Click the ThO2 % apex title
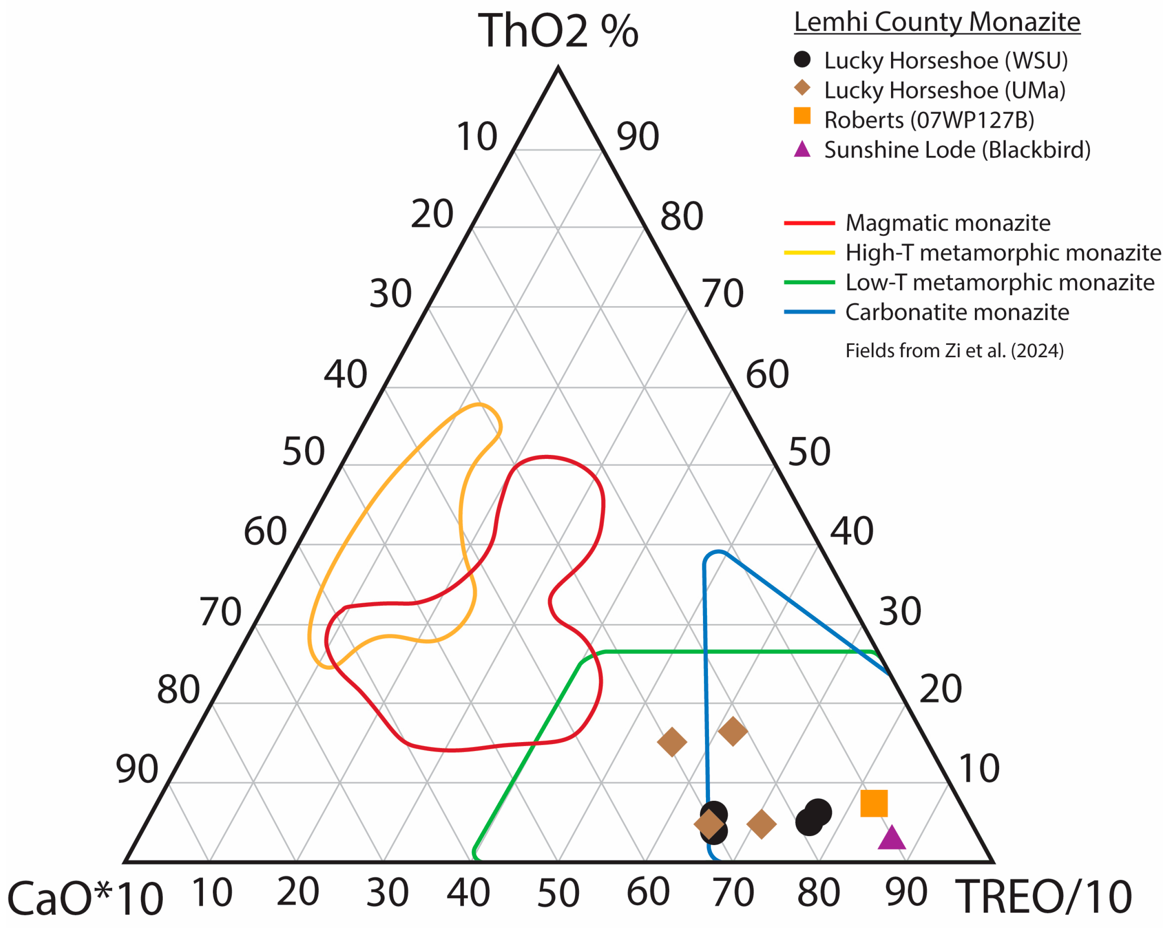coord(558,31)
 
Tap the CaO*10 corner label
coord(85,898)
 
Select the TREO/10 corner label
coord(1043,897)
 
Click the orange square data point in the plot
coord(874,803)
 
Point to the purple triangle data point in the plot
coord(891,838)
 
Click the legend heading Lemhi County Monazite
coord(937,22)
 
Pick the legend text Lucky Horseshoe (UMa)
coord(945,90)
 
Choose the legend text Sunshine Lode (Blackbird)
coord(957,150)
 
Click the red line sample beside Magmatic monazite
coord(809,222)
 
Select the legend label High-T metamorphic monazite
coord(1003,253)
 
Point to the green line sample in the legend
coord(809,282)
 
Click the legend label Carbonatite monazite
coord(957,312)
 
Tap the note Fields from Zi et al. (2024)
coord(954,351)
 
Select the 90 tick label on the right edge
coord(638,137)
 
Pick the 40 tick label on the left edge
coord(345,374)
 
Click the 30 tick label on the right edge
coord(900,612)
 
